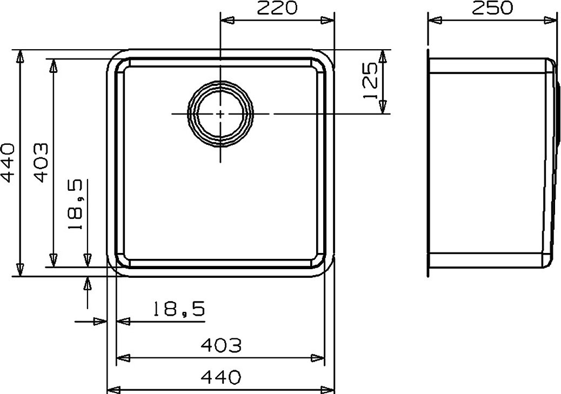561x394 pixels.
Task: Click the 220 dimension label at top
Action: point(277,8)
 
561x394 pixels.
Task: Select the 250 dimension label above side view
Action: point(492,8)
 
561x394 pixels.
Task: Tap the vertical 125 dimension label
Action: point(370,81)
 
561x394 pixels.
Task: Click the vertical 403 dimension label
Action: point(41,163)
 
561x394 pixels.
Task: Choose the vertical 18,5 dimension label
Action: point(76,204)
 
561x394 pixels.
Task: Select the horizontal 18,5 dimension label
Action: point(179,309)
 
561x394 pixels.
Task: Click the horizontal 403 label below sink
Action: point(221,345)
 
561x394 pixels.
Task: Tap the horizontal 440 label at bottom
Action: point(221,377)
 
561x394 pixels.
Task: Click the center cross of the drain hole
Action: point(221,114)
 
